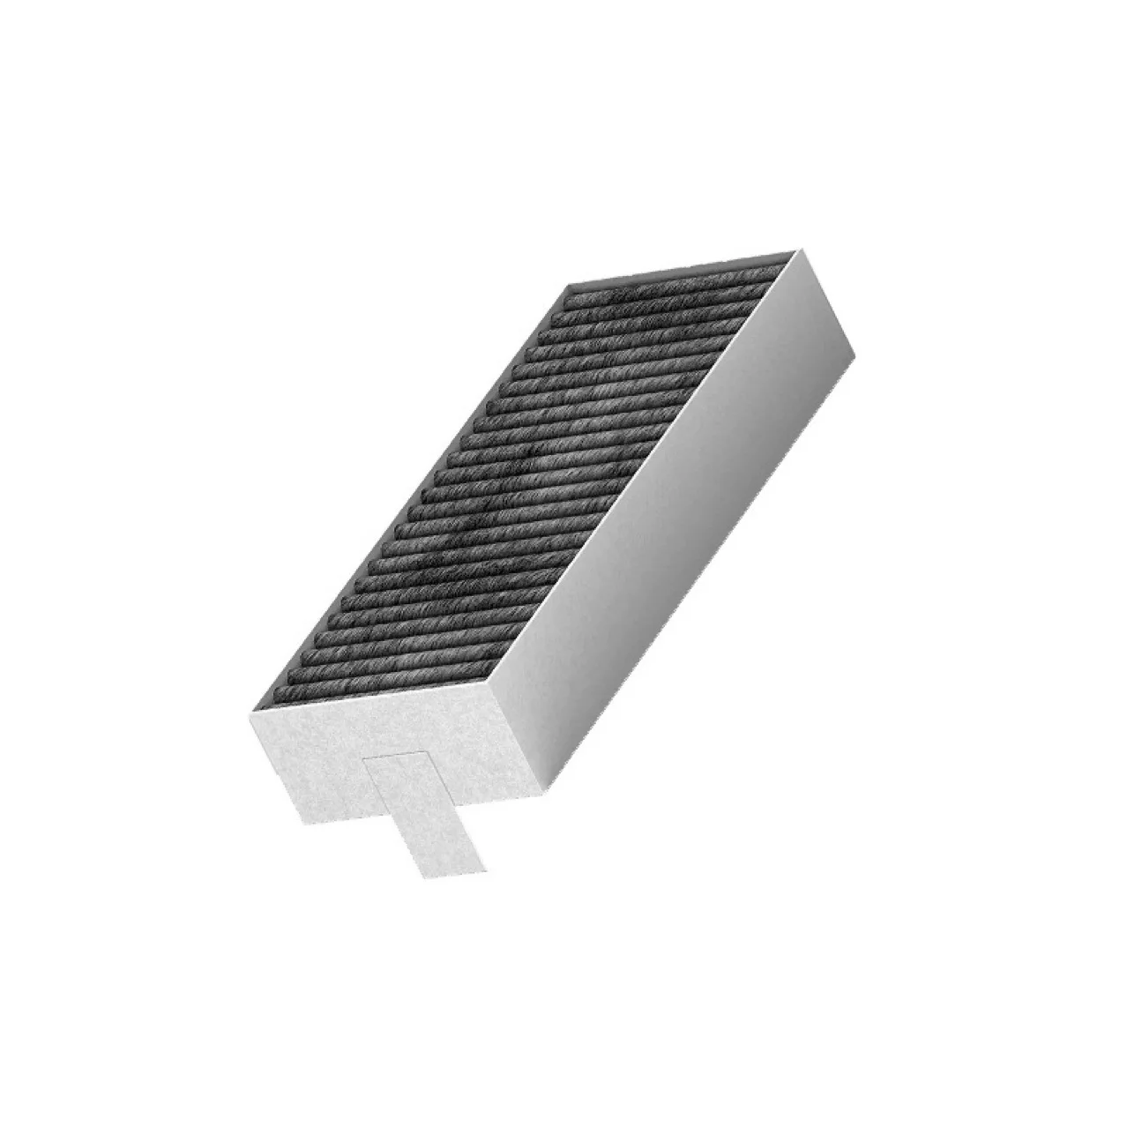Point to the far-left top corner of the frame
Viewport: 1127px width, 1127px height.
tap(565, 285)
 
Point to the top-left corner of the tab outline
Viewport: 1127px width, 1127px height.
tap(363, 757)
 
